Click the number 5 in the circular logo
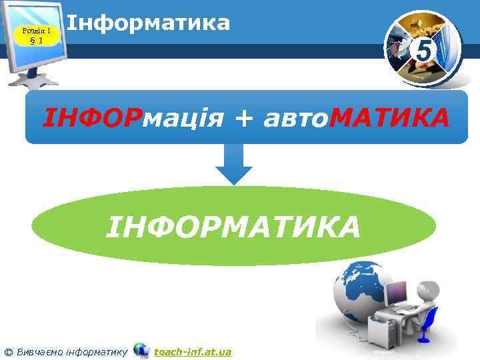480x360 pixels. coord(423,49)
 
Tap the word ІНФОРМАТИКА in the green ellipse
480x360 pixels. coord(233,226)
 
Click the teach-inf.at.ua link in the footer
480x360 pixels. coord(193,351)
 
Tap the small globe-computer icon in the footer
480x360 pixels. coord(141,350)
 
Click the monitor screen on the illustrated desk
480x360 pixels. coord(396,291)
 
